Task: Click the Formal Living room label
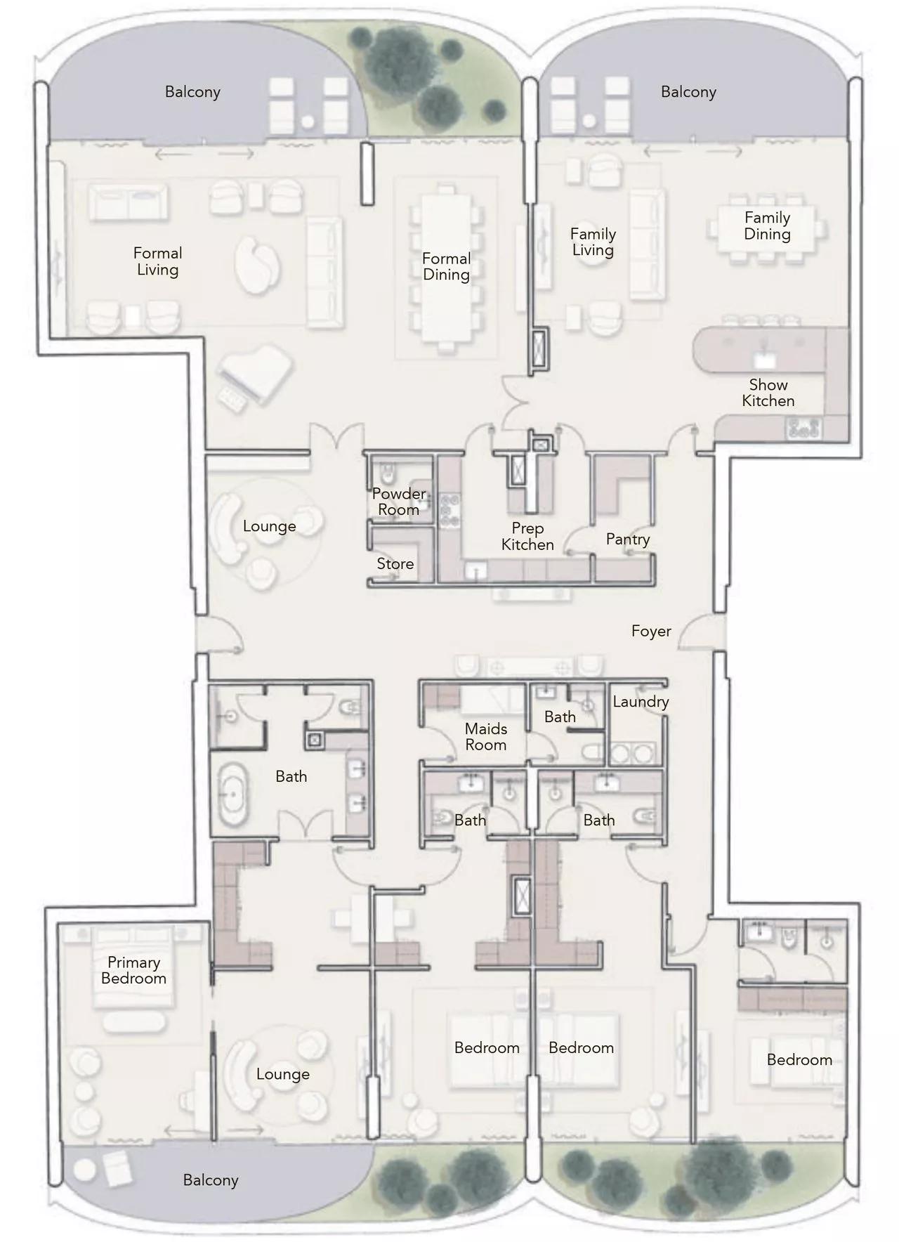point(157,261)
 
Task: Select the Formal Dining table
point(445,267)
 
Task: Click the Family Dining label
point(767,226)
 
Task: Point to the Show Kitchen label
point(768,393)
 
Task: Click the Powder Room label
point(398,502)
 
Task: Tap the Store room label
point(395,563)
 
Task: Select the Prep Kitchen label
point(527,536)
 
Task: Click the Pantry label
point(627,539)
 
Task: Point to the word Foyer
point(650,631)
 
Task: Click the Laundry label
point(640,701)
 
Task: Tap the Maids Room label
point(485,737)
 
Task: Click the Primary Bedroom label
point(133,970)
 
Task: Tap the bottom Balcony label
point(210,1180)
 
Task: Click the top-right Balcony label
point(688,92)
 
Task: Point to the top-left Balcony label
point(192,92)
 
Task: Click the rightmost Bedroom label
point(799,1059)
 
